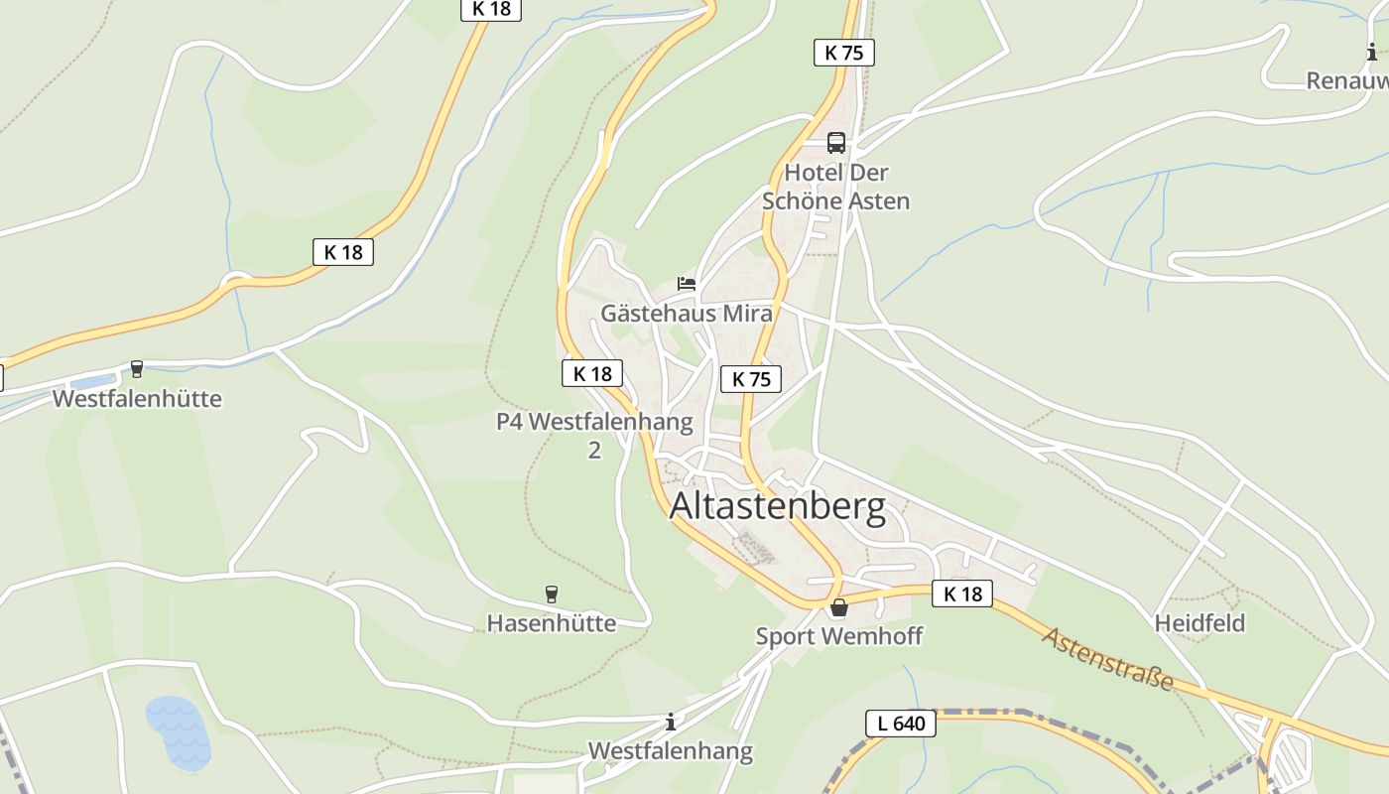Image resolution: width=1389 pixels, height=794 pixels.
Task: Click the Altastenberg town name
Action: point(778,506)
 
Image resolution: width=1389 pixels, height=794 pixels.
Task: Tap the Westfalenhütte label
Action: point(137,399)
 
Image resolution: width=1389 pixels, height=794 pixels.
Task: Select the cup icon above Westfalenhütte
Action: point(137,370)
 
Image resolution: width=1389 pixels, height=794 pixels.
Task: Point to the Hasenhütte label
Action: point(551,623)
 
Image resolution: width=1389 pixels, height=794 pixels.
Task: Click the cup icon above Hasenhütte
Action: point(552,595)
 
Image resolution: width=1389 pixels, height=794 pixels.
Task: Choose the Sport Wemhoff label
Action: point(839,636)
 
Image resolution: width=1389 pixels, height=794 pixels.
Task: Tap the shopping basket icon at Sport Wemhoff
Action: point(839,607)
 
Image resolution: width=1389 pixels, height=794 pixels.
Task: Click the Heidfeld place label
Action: point(1200,623)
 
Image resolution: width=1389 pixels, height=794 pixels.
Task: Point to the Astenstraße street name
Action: point(1108,659)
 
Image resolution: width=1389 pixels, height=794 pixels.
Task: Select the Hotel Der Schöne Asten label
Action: point(835,187)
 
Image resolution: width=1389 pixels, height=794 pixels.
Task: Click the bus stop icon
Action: point(836,143)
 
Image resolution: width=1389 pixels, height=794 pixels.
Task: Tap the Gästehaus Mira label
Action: point(687,314)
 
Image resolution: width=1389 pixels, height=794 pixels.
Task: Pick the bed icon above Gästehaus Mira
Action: point(687,284)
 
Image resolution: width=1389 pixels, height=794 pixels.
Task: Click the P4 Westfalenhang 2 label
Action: point(594,435)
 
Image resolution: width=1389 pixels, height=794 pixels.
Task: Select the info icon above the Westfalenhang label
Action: point(671,722)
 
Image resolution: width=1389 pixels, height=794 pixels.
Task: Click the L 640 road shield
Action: point(901,724)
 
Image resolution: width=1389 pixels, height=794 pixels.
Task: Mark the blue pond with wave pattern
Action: point(179,732)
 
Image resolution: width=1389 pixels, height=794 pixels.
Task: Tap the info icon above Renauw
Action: point(1372,52)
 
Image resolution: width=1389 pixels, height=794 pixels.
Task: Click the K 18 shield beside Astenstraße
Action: point(962,594)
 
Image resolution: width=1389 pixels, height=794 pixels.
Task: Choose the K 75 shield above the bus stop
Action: point(844,53)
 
